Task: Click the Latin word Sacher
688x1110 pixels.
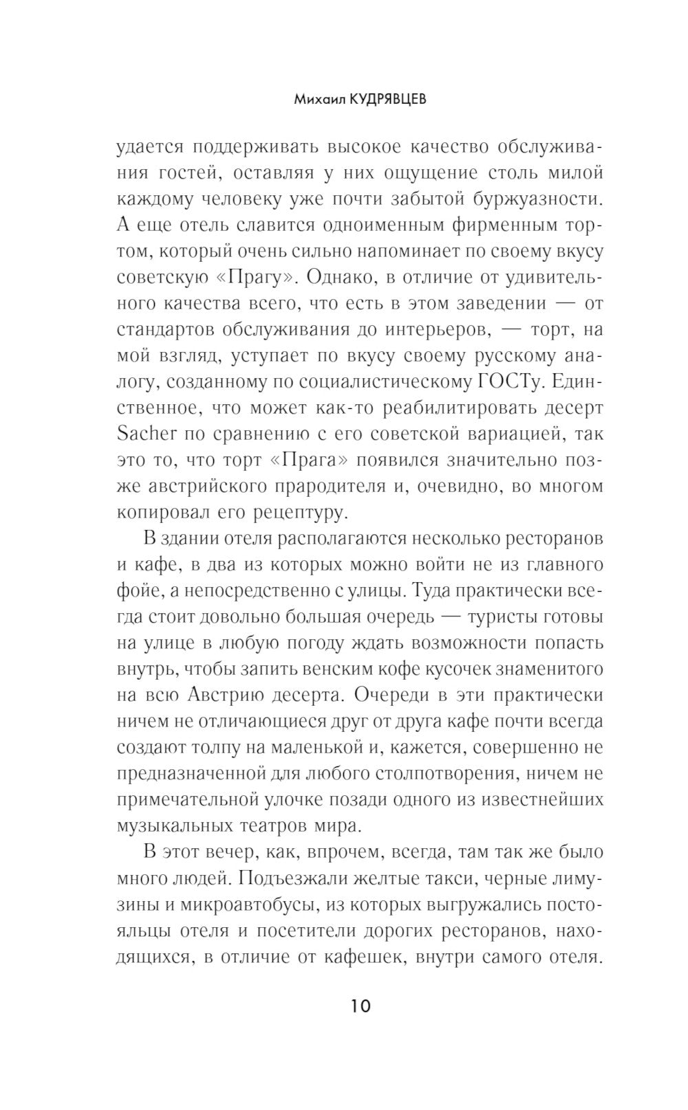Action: [x=148, y=434]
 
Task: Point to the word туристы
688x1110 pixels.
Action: [x=498, y=617]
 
